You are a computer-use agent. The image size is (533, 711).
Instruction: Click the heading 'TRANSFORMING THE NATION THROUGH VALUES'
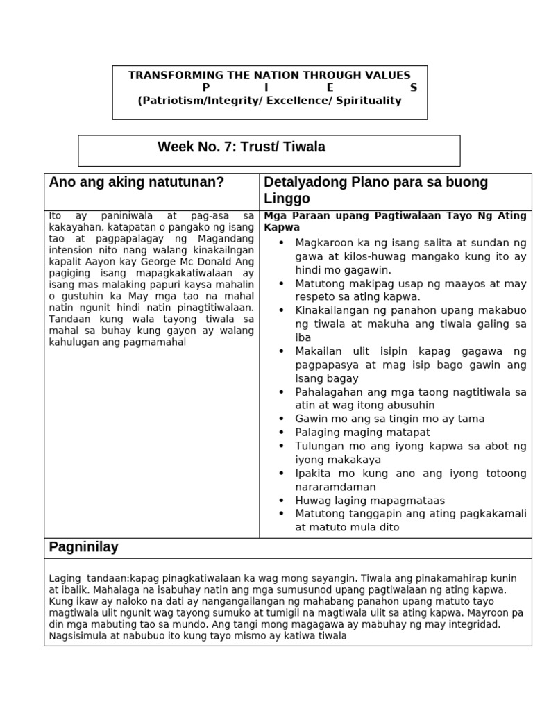[x=269, y=75]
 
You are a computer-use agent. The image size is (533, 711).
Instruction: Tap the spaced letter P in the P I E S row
[x=205, y=87]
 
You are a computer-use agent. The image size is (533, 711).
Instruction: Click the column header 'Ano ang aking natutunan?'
[x=137, y=183]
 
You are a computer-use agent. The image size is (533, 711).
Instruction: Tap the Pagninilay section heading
[x=83, y=547]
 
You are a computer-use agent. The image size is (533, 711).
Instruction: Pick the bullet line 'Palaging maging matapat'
[x=362, y=432]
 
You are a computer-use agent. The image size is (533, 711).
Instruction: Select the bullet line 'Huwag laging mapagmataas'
[x=369, y=500]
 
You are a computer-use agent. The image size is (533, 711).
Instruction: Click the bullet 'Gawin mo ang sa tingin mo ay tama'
[x=389, y=419]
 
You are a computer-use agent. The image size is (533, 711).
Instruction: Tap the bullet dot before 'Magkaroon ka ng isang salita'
[x=281, y=243]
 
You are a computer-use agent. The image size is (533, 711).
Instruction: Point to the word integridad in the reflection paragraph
[x=471, y=624]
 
